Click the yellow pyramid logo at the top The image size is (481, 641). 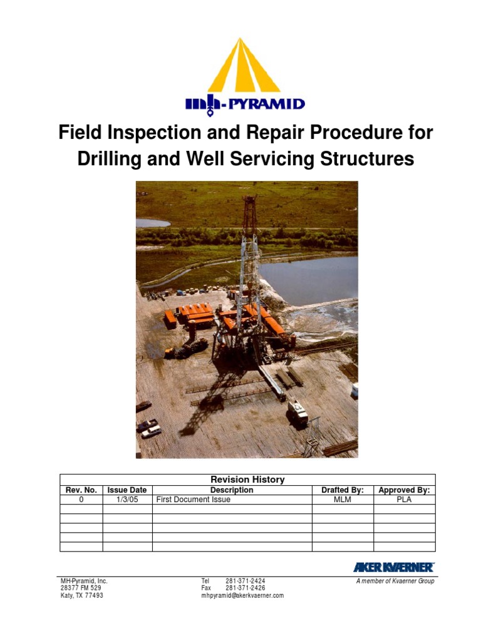(x=244, y=66)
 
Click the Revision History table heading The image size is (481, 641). (x=247, y=479)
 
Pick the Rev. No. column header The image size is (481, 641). (x=81, y=490)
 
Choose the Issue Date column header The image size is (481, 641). (x=127, y=490)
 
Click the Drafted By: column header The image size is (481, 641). (x=343, y=490)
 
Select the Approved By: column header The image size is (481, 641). (x=404, y=490)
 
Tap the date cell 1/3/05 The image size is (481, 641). (x=127, y=500)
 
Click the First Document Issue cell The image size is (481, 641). (x=193, y=500)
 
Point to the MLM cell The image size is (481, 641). (x=343, y=500)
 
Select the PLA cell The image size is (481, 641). (x=404, y=500)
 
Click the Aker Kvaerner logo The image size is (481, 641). (x=393, y=567)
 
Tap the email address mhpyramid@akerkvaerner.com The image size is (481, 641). (x=242, y=596)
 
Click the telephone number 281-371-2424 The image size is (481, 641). (x=245, y=581)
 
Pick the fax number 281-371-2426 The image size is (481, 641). (x=245, y=588)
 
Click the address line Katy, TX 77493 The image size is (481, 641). (x=81, y=596)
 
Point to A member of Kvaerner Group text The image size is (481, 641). (x=395, y=581)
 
